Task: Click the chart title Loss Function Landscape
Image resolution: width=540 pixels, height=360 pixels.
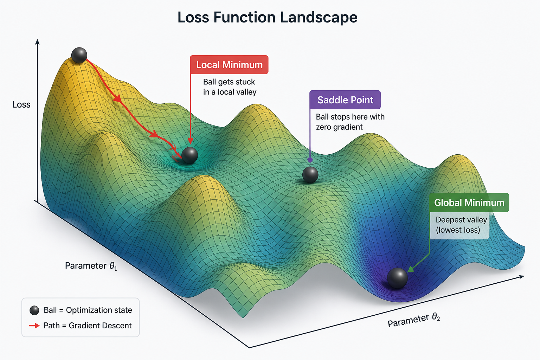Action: [267, 17]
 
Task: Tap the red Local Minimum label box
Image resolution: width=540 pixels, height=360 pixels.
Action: [229, 65]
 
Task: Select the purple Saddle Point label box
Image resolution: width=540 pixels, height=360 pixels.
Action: [345, 100]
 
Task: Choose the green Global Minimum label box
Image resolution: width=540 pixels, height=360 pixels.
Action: [469, 202]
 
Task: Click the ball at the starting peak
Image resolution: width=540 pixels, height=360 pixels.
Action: [79, 55]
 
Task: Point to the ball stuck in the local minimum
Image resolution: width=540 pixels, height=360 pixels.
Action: [189, 155]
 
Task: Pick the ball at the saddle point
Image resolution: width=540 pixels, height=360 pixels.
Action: [310, 175]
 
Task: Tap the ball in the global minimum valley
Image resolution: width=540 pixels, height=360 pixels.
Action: [397, 278]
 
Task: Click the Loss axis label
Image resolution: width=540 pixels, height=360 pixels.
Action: [21, 105]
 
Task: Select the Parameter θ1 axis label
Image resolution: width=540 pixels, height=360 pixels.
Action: [91, 266]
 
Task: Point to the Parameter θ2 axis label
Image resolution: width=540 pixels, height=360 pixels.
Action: [414, 321]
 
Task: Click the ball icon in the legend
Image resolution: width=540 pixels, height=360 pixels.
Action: [34, 310]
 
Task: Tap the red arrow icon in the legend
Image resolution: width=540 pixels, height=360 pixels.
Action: [34, 326]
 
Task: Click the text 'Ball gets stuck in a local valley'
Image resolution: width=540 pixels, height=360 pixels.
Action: [230, 87]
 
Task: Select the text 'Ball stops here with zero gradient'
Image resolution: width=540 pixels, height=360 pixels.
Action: [350, 122]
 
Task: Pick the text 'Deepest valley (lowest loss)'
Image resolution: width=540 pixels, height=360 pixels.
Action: [461, 225]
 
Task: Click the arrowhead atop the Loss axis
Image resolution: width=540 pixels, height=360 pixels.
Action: [37, 42]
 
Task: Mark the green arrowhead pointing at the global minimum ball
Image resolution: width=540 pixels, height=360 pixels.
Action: [411, 269]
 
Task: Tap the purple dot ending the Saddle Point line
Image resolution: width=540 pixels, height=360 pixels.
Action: [310, 160]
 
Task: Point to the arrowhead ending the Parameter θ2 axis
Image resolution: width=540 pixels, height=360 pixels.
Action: [521, 277]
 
